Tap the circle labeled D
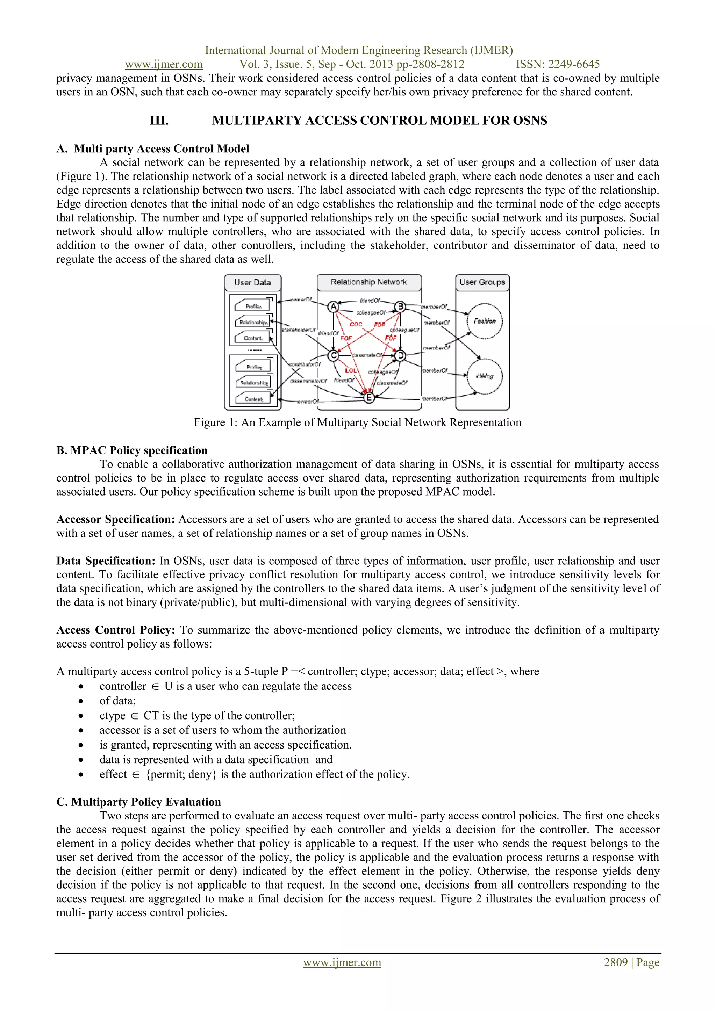400,355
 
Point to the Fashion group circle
485,321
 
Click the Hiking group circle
485,376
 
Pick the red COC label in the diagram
356,324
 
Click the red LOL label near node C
351,371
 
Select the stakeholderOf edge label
299,330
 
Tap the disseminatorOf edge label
308,381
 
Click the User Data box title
253,282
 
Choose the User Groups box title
482,282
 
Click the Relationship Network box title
368,282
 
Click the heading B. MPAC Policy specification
132,450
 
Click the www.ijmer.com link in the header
164,64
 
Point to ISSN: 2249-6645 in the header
558,64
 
